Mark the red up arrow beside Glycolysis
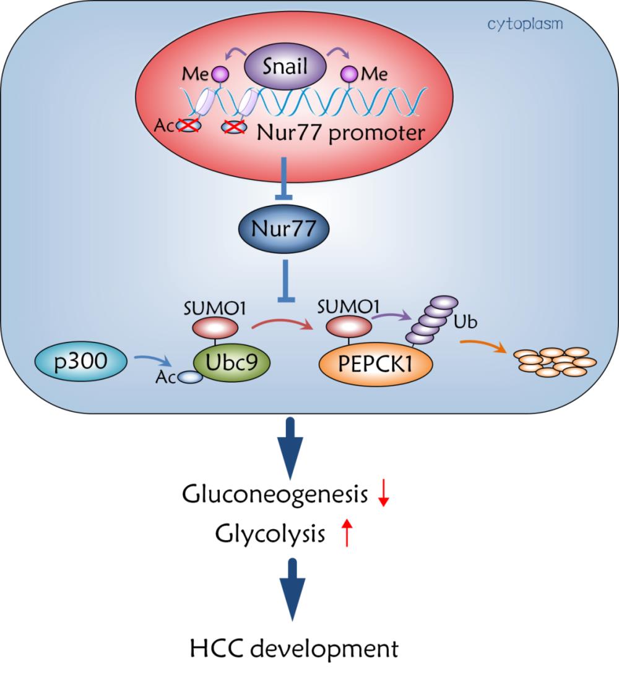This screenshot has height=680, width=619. [347, 533]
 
